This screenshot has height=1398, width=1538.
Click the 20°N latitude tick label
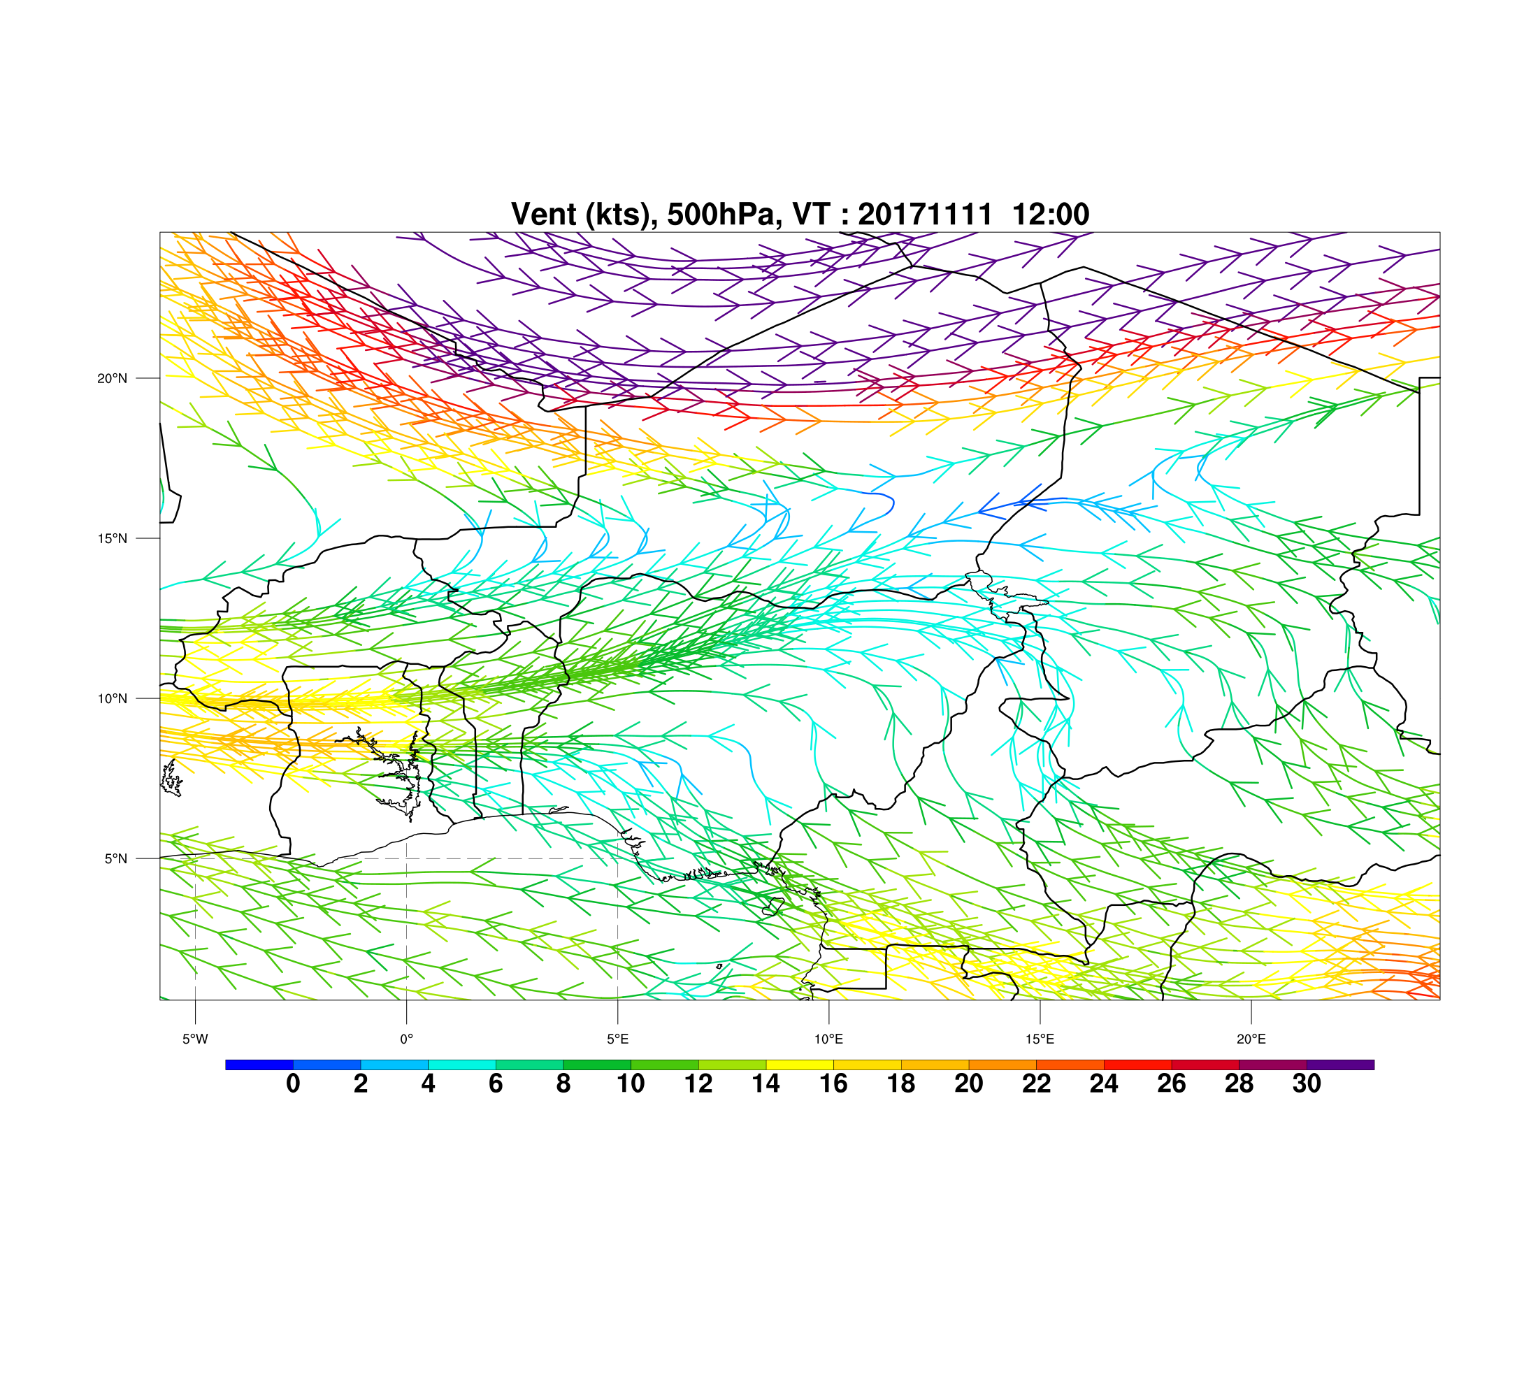click(112, 378)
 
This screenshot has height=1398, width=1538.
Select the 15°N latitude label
click(112, 538)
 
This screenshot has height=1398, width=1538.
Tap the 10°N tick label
click(112, 698)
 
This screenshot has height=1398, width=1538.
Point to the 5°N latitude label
click(116, 859)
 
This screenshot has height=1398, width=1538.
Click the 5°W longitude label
click(195, 1039)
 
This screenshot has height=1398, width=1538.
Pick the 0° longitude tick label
click(407, 1039)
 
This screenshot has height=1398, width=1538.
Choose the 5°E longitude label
click(618, 1039)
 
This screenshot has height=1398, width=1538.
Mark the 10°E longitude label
click(828, 1039)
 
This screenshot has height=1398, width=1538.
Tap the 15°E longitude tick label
click(1040, 1039)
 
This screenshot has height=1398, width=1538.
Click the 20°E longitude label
click(1251, 1039)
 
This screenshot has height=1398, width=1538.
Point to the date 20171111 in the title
click(926, 215)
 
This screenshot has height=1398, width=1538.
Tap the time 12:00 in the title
click(1051, 215)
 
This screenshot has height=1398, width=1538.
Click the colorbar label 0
click(293, 1083)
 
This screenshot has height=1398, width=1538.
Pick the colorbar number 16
click(834, 1083)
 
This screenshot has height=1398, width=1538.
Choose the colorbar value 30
click(1307, 1083)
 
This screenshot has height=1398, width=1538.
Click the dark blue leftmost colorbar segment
click(259, 1065)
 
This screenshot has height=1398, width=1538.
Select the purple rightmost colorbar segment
click(1340, 1065)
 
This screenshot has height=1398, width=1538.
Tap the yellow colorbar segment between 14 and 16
click(800, 1065)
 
